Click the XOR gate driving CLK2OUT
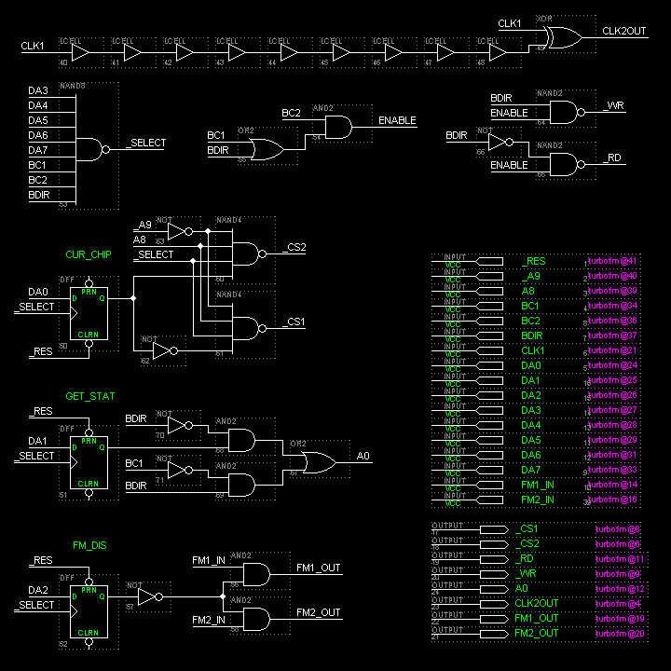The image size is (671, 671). (x=561, y=37)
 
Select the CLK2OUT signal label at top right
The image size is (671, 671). (x=624, y=31)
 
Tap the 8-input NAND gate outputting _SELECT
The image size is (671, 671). (x=91, y=149)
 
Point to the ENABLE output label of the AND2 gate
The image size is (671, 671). (x=397, y=120)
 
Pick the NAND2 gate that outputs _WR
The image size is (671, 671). (x=565, y=113)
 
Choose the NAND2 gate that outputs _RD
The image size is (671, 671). (x=565, y=164)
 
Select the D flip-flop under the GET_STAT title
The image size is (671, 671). (x=89, y=463)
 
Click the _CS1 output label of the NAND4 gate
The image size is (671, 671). (x=294, y=322)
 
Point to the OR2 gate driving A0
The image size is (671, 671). (x=320, y=461)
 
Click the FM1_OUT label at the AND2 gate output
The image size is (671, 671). (x=319, y=567)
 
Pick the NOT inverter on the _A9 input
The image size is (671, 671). (x=178, y=231)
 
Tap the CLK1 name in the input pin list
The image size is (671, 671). (x=532, y=350)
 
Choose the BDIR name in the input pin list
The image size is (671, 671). (x=533, y=335)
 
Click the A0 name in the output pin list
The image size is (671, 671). (x=521, y=588)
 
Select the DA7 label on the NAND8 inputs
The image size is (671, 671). (x=38, y=150)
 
